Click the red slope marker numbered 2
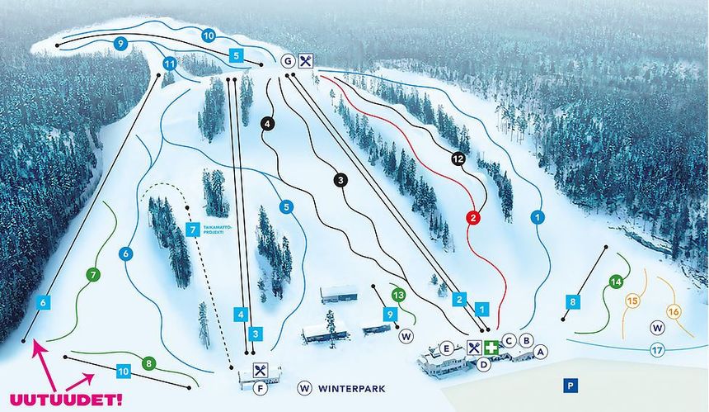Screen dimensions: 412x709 pos(473,218)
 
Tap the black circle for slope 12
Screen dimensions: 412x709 pos(459,158)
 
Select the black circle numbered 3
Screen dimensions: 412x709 pos(340,180)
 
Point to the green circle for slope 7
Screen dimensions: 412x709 pos(93,274)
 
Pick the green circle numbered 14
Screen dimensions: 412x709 pos(615,282)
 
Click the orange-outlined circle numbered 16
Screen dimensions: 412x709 pos(674,311)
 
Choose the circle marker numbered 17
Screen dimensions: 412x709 pos(657,350)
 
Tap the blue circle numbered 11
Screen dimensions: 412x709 pos(170,64)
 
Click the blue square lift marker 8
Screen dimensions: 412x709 pos(573,302)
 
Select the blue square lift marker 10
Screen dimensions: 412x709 pos(124,372)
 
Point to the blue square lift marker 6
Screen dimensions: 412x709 pos(43,304)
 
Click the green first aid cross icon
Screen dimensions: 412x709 pos(492,348)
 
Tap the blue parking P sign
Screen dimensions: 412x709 pos(569,385)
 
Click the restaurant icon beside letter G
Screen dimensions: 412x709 pos(306,60)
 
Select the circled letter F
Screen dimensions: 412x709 pos(260,388)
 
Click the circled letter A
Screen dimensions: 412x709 pos(541,352)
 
